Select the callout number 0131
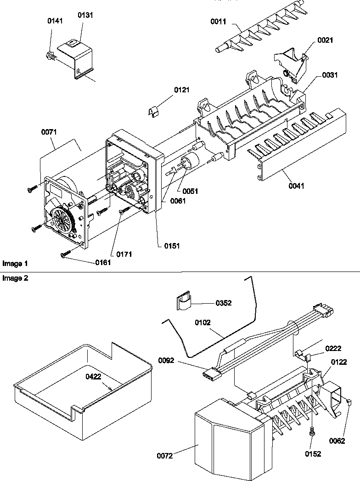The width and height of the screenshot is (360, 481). pyautogui.click(x=84, y=15)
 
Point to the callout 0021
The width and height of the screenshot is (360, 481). pyautogui.click(x=325, y=40)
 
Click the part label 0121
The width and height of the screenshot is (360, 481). pyautogui.click(x=182, y=90)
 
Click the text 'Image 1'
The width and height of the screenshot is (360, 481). pyautogui.click(x=15, y=264)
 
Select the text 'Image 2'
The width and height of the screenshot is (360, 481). pyautogui.click(x=15, y=278)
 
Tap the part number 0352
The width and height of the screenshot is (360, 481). pyautogui.click(x=224, y=303)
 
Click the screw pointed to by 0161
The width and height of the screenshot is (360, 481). pyautogui.click(x=64, y=254)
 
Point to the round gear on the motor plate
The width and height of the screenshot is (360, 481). pyautogui.click(x=60, y=220)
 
